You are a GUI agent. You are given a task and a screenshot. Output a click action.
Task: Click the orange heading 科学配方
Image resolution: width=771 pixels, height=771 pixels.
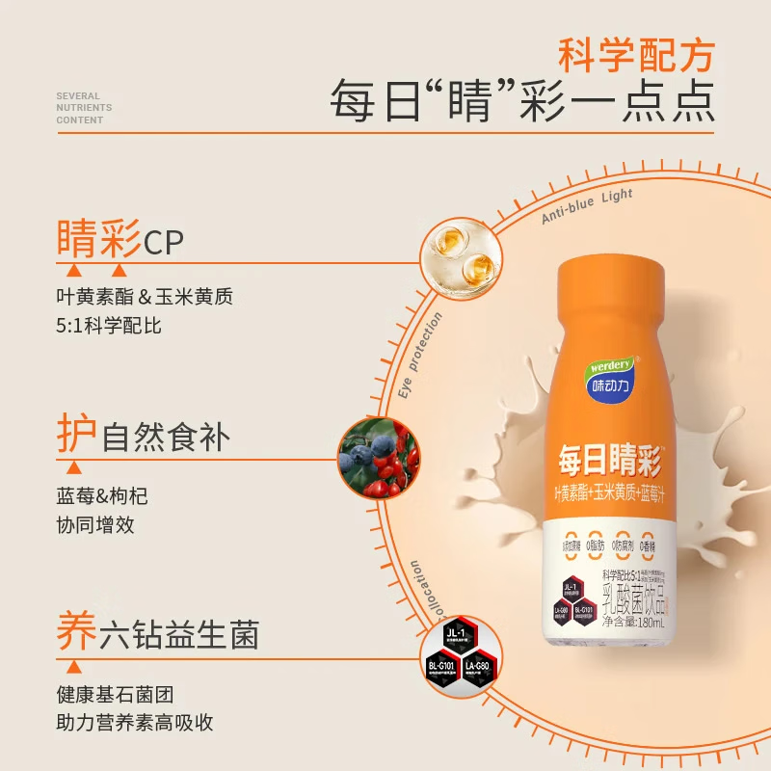coord(637,56)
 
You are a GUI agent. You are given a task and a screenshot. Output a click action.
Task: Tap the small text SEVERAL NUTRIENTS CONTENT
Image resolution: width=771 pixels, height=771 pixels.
coord(84,108)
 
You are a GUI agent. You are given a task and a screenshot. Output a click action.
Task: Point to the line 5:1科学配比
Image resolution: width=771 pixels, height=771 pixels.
coord(109,326)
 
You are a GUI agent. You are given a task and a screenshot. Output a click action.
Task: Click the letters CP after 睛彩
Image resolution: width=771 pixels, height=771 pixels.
coord(163,242)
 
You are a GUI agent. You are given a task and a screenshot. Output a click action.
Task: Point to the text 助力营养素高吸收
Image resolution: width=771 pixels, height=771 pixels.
coord(135,723)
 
